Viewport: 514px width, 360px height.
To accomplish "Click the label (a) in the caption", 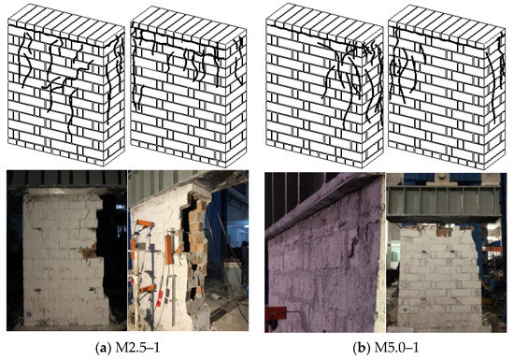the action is tap(103, 348).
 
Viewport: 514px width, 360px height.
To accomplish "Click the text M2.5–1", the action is tap(137, 348).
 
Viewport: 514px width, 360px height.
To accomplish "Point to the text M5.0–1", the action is tap(396, 348).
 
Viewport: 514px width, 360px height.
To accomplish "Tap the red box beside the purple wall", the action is tap(276, 313).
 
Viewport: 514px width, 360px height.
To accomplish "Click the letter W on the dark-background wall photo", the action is tap(29, 315).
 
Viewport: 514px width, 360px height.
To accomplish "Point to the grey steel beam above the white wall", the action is tap(444, 201).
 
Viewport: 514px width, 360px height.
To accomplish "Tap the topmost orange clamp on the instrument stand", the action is tap(146, 223).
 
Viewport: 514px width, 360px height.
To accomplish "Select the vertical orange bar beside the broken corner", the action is tap(169, 249).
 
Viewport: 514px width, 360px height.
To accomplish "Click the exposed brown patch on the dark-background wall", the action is tap(89, 252).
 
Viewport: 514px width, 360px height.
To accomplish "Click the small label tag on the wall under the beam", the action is tap(406, 309).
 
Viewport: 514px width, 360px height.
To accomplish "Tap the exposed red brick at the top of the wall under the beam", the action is tap(444, 231).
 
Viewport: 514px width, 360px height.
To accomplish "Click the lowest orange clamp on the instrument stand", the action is tap(147, 289).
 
